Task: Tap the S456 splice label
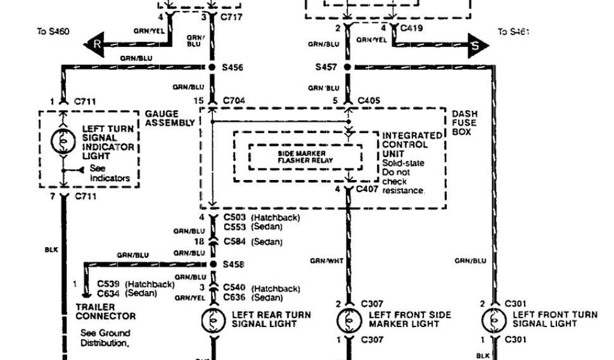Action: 233,68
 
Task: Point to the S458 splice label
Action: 234,264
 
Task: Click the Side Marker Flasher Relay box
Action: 305,157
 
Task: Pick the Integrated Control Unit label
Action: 405,145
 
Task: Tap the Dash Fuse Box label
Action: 464,122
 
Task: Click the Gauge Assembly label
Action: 170,118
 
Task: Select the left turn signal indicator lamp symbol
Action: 62,142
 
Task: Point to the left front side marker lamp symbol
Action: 348,319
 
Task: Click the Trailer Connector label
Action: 106,311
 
